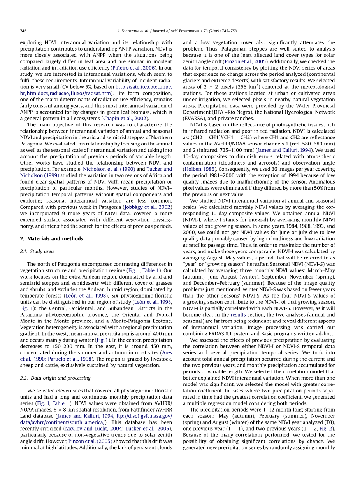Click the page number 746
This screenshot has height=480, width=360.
click(x=23, y=31)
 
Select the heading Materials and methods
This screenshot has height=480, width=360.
click(x=51, y=239)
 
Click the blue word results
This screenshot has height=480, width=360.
click(x=238, y=314)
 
